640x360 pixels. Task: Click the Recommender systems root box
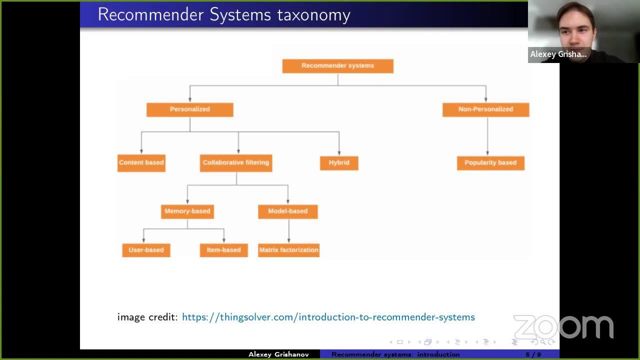click(337, 66)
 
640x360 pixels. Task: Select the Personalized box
click(189, 109)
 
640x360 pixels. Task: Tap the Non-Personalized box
click(485, 109)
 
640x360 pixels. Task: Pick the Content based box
click(141, 163)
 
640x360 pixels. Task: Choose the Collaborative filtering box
click(235, 163)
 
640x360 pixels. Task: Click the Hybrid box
click(339, 163)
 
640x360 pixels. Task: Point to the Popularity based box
click(490, 163)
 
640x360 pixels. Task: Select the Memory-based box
click(187, 211)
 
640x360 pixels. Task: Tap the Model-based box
click(287, 211)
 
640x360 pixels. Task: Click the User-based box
click(146, 250)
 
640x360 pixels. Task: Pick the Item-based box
click(223, 250)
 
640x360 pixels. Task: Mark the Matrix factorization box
click(288, 250)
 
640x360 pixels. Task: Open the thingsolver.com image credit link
click(328, 317)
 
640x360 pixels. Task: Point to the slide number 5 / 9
click(533, 354)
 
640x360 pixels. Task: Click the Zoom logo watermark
click(563, 327)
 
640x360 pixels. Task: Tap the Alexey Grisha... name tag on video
click(558, 54)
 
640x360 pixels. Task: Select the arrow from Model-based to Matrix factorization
click(288, 231)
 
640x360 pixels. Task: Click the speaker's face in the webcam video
click(576, 27)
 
